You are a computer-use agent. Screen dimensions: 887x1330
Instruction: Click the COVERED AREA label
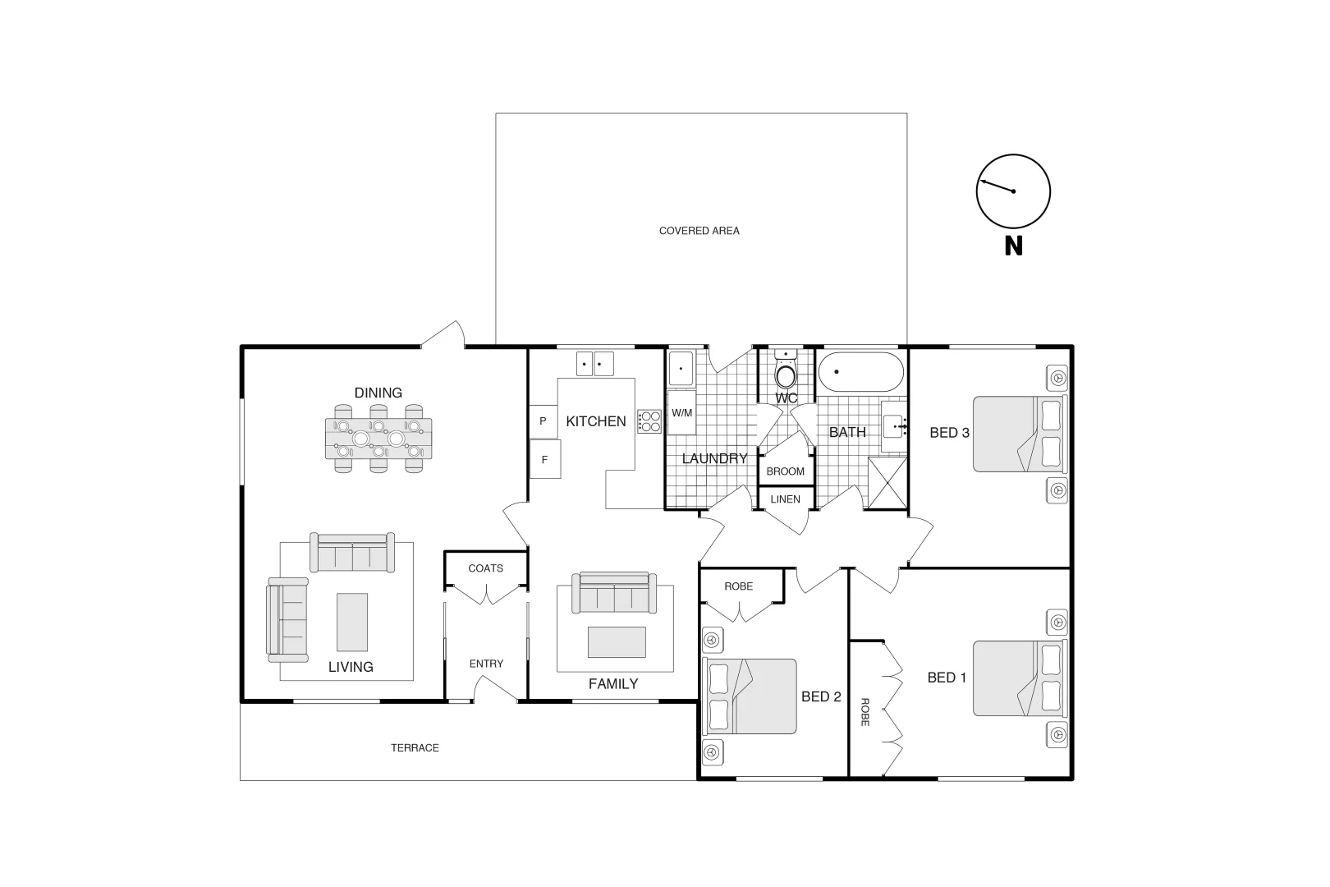(699, 231)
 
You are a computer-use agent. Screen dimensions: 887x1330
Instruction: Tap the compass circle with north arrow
(1013, 191)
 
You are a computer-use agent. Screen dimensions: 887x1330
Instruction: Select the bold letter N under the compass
(1013, 246)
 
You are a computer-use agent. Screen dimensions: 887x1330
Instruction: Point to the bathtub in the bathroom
(860, 372)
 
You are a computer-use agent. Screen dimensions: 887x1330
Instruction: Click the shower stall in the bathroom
(887, 484)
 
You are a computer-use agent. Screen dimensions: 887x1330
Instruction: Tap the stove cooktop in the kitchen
(649, 421)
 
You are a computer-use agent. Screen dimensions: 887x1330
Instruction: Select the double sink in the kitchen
(595, 363)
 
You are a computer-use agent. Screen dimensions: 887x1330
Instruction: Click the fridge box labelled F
(544, 460)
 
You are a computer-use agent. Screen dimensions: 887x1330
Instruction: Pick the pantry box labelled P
(543, 421)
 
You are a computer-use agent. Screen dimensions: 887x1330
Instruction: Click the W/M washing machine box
(681, 413)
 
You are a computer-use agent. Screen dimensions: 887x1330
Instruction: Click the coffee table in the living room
(352, 622)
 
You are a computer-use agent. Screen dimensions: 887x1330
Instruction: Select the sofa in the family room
(614, 593)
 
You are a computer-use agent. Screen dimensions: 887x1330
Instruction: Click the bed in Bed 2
(750, 696)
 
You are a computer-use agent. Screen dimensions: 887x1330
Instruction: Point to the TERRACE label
(415, 747)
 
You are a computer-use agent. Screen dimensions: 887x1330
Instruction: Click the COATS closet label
(485, 568)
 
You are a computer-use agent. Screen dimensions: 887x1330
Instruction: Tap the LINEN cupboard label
(785, 499)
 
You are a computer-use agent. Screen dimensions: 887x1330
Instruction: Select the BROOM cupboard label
(785, 471)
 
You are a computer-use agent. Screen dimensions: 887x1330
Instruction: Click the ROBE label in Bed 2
(738, 586)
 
